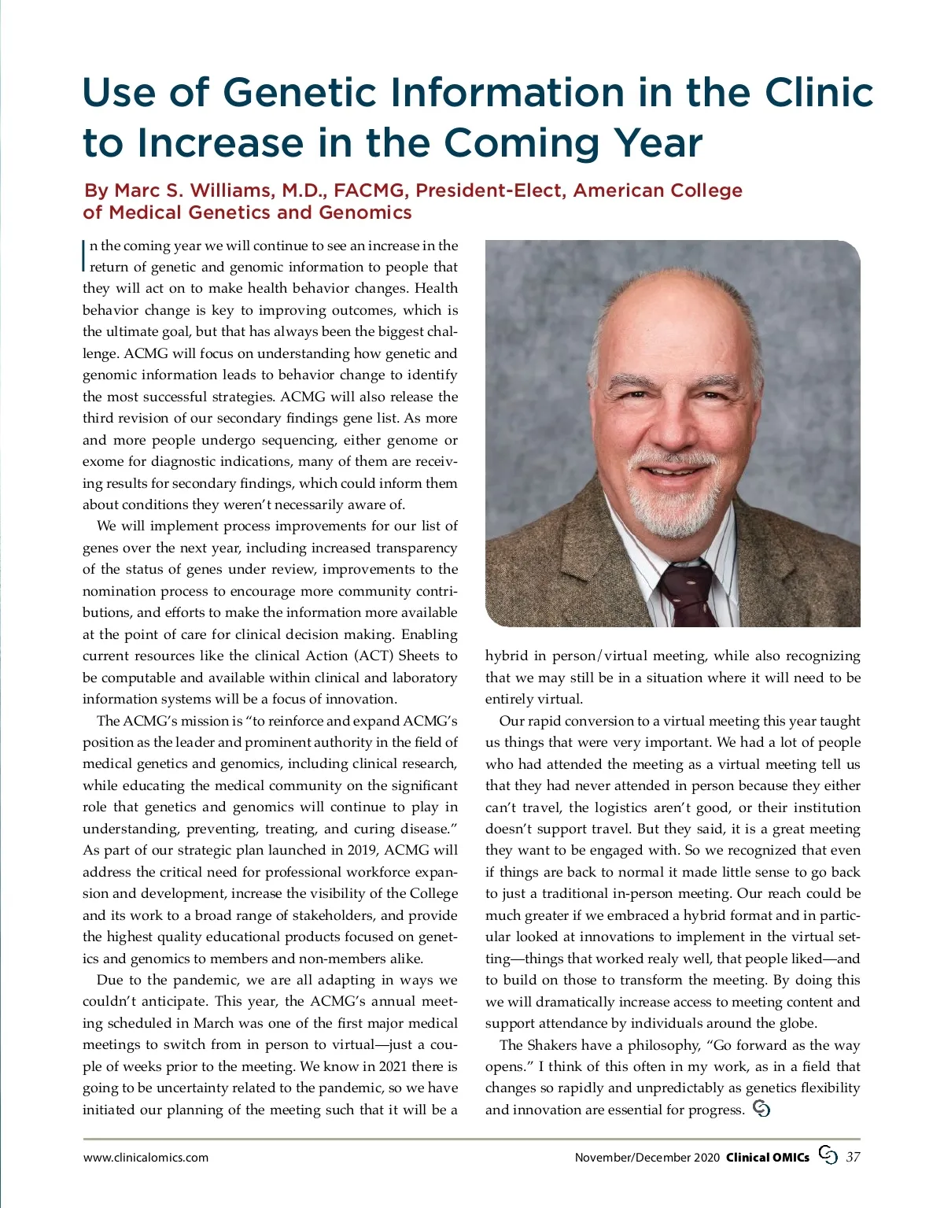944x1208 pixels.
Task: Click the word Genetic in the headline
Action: (300, 93)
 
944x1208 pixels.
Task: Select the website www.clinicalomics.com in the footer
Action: (146, 1157)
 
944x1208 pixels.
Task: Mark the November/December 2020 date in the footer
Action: (647, 1157)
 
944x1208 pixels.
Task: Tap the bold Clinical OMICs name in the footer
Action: (767, 1157)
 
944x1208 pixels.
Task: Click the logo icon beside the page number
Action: (828, 1154)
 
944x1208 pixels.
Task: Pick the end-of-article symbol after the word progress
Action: (761, 1109)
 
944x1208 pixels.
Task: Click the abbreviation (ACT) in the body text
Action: (373, 656)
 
